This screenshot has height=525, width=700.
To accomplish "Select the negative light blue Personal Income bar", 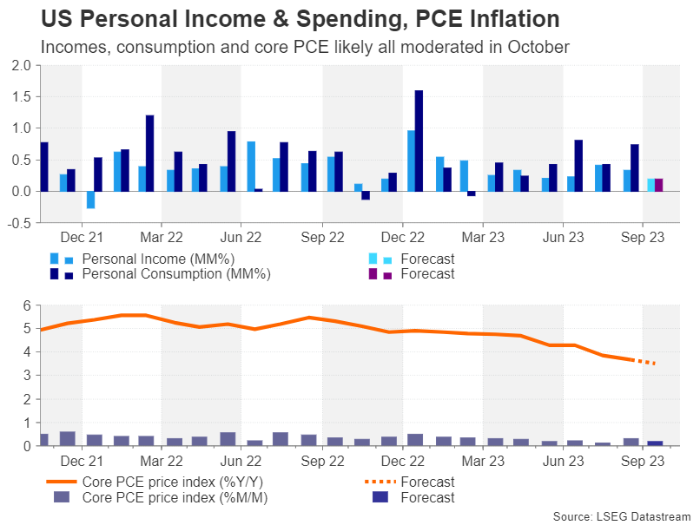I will (90, 200).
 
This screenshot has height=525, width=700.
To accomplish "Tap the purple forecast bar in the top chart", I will (658, 185).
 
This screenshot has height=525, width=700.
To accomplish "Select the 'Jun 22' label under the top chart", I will (241, 236).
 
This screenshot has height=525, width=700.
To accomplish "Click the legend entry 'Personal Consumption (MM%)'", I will (176, 274).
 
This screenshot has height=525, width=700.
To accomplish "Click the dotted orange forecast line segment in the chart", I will (644, 362).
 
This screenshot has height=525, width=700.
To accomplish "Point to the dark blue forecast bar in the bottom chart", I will (657, 443).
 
